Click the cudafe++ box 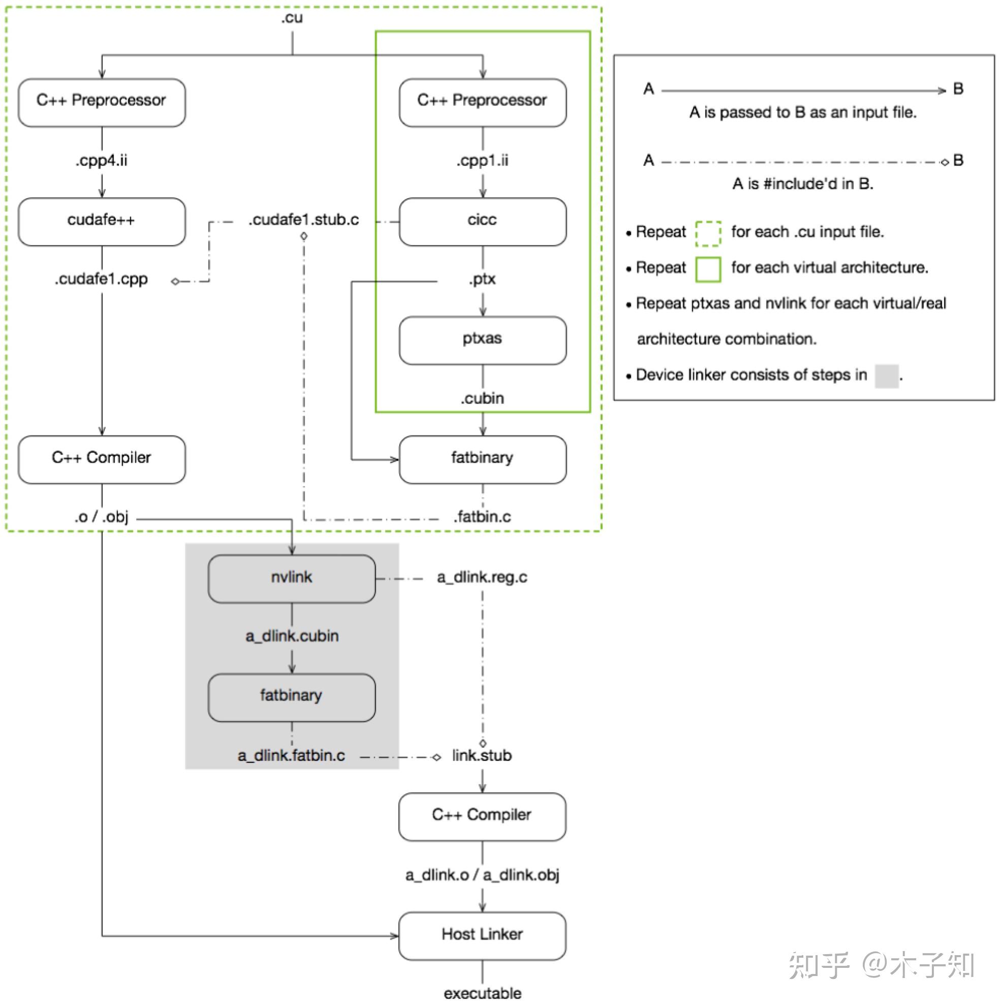[102, 221]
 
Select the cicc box [482, 221]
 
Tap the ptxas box [482, 340]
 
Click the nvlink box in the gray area [291, 578]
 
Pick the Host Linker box [482, 936]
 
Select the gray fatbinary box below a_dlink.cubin [291, 697]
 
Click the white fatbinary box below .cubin [482, 459]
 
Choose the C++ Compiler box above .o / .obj [102, 459]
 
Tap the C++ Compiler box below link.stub [482, 816]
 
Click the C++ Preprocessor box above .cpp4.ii [102, 102]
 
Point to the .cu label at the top [292, 18]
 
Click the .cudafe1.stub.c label [304, 220]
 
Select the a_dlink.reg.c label [482, 577]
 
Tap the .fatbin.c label [482, 517]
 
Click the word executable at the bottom [482, 993]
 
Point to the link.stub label [482, 756]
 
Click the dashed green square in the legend [708, 233]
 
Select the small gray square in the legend [887, 376]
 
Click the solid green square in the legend [708, 269]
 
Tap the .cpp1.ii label [482, 160]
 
